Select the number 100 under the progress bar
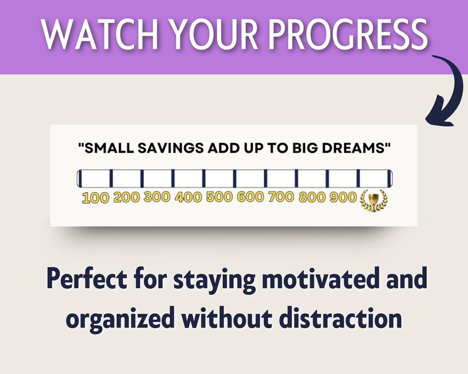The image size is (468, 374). click(x=95, y=198)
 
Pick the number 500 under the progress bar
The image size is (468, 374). click(x=220, y=197)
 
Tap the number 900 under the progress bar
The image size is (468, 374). click(x=344, y=197)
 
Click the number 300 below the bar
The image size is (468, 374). click(x=157, y=197)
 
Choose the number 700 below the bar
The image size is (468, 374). click(x=281, y=197)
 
